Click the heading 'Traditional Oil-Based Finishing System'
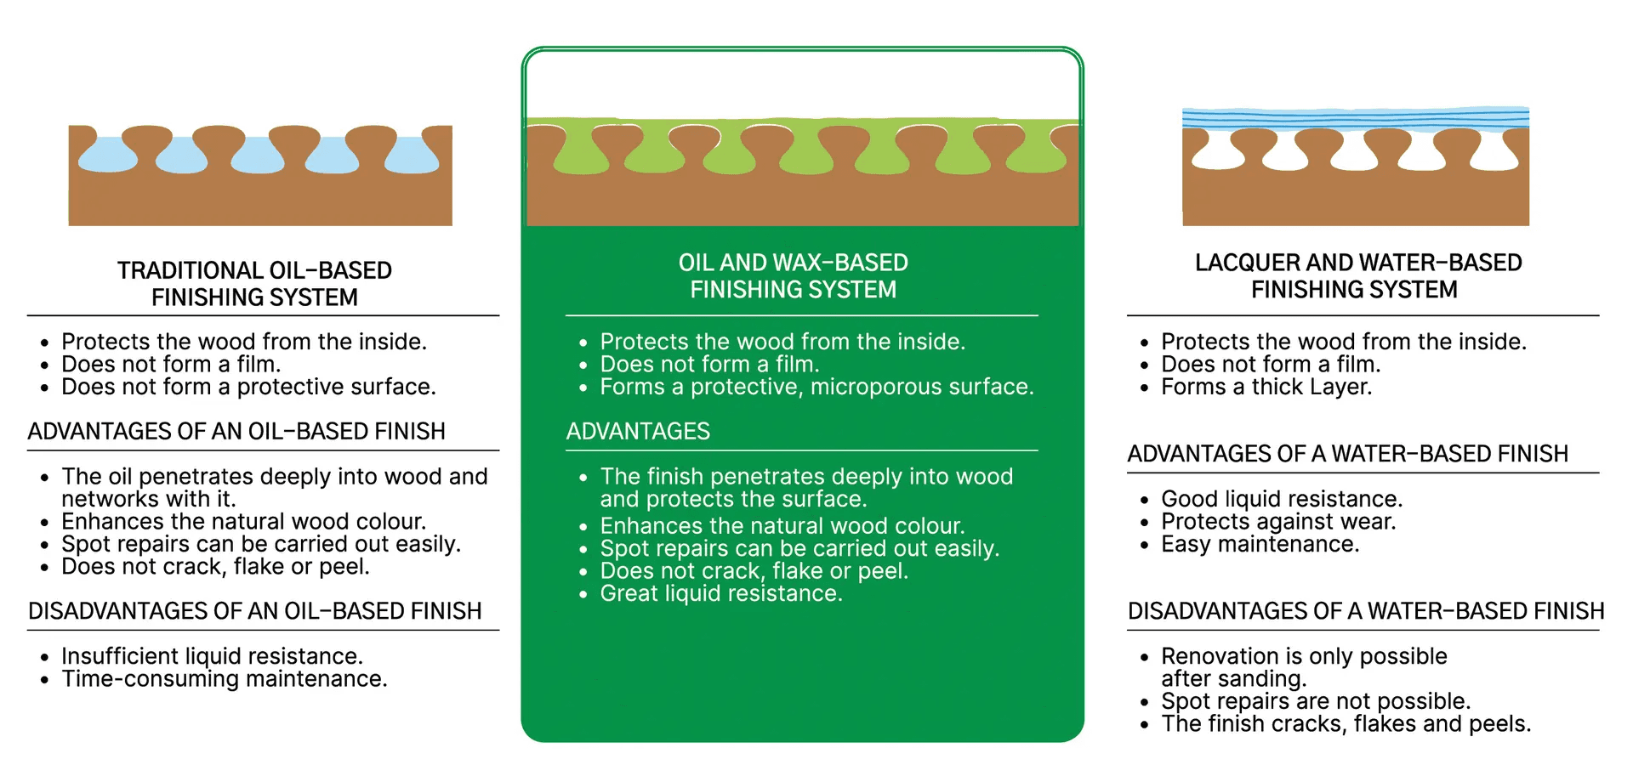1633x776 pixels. [254, 284]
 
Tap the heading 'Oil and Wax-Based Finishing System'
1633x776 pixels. [794, 276]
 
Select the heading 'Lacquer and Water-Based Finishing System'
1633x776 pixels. [1358, 276]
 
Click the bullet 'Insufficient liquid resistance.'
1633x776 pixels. [212, 656]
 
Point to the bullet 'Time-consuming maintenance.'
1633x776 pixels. [225, 679]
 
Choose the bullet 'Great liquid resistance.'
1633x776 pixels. [721, 593]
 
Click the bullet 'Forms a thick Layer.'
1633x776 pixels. [1266, 387]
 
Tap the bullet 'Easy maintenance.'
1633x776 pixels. [1260, 544]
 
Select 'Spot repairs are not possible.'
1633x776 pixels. [1316, 701]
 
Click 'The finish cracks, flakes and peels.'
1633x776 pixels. [1346, 724]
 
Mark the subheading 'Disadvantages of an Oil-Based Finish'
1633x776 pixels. [255, 611]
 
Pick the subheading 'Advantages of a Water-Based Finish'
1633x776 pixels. [1348, 454]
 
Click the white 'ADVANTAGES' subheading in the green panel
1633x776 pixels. [638, 432]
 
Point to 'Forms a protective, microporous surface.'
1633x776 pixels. [816, 387]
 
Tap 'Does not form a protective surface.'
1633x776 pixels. [248, 387]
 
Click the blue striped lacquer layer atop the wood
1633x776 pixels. [1356, 117]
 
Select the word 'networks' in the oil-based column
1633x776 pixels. [105, 499]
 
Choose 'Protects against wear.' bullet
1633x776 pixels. [1278, 522]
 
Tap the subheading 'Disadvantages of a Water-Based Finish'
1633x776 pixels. [1366, 611]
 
